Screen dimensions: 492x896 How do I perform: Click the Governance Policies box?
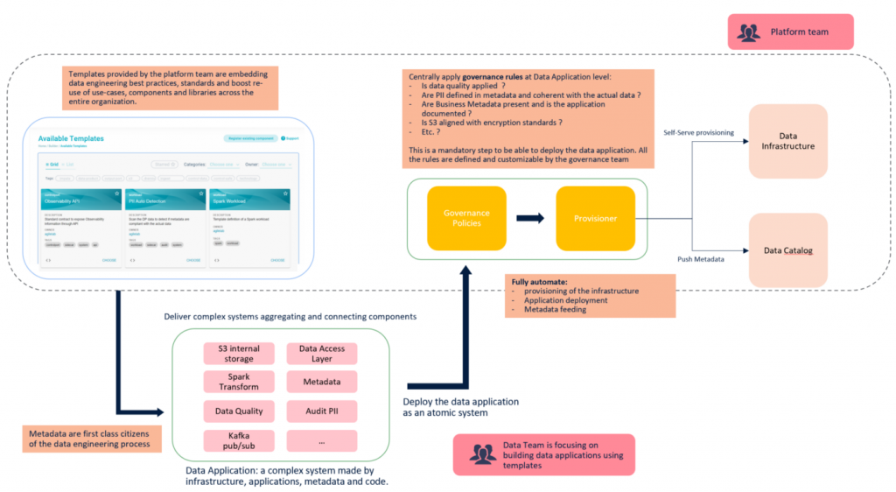[466, 218]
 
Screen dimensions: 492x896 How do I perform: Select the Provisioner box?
[595, 218]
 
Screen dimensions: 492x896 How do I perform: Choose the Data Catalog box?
[787, 250]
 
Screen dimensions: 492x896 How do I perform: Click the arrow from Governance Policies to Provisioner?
[530, 218]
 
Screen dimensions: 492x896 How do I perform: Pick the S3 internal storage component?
[239, 353]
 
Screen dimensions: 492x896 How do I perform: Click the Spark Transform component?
[239, 382]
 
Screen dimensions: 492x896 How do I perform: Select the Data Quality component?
[239, 411]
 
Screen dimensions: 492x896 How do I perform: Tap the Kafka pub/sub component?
[239, 440]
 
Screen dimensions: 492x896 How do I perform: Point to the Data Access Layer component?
[321, 353]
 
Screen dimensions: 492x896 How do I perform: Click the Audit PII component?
[321, 411]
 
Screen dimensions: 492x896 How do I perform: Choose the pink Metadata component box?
[321, 382]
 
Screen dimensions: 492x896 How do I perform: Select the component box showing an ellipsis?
[321, 440]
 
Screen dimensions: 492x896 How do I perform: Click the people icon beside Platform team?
[749, 33]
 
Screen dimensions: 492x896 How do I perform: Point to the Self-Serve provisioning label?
[699, 132]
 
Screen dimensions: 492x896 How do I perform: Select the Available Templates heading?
[71, 139]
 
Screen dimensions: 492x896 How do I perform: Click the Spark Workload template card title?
[230, 200]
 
